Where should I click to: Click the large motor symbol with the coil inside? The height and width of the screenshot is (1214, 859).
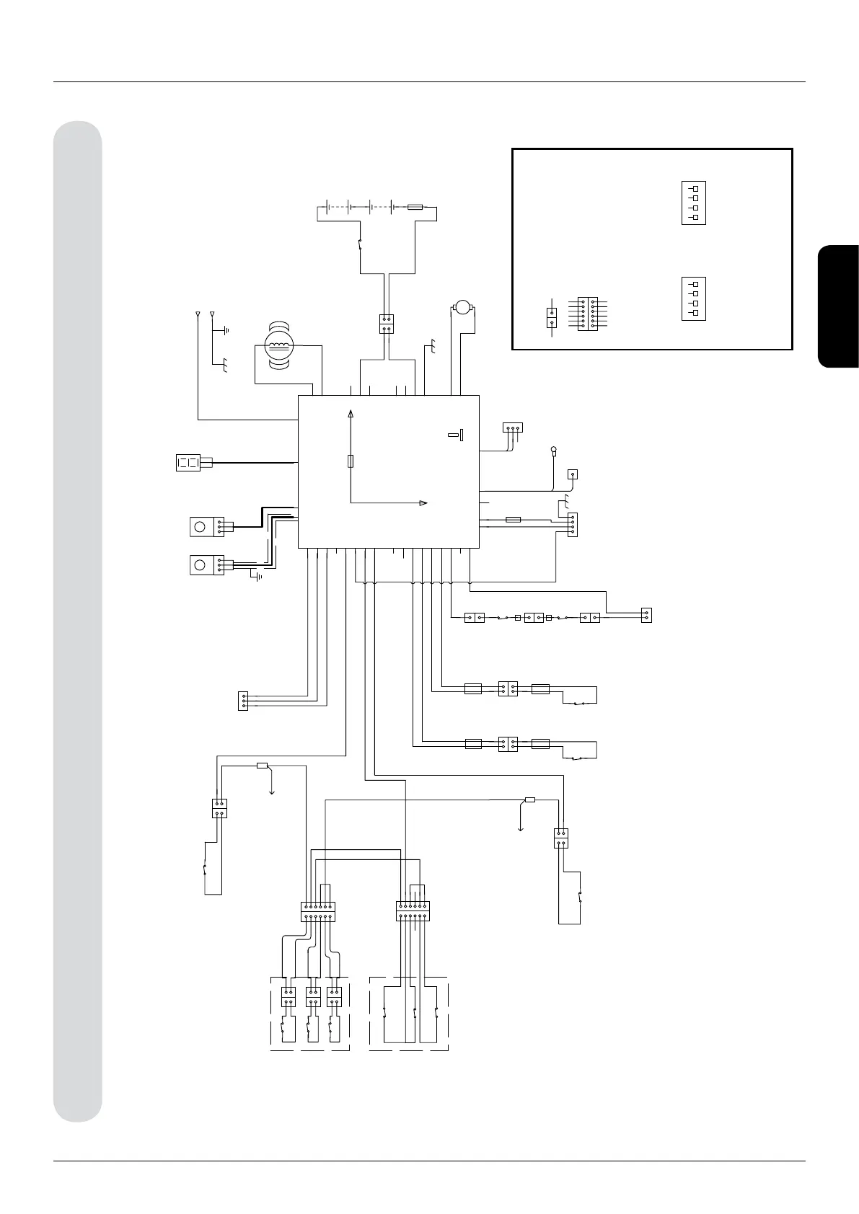(x=278, y=345)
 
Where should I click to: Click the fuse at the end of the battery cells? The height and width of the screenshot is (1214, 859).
(x=415, y=207)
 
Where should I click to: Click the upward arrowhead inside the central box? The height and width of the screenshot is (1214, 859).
(x=351, y=414)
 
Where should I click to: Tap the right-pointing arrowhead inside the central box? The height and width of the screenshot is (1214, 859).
(x=424, y=502)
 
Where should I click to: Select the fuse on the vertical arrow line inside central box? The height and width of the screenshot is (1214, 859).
(x=351, y=461)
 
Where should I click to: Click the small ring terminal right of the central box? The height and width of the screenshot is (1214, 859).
(x=554, y=452)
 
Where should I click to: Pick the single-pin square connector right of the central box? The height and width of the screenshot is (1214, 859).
(x=573, y=474)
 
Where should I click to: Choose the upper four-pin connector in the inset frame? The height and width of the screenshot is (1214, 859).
(x=693, y=203)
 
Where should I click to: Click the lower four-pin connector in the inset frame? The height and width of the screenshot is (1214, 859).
(x=693, y=298)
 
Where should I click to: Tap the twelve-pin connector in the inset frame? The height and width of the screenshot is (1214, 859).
(x=588, y=314)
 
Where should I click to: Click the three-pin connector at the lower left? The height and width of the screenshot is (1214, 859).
(x=242, y=701)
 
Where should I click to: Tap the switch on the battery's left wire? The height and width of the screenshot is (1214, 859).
(x=360, y=245)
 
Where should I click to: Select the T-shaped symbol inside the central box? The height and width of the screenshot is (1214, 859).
(x=456, y=435)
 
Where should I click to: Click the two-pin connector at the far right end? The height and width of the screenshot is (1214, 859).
(x=646, y=616)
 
